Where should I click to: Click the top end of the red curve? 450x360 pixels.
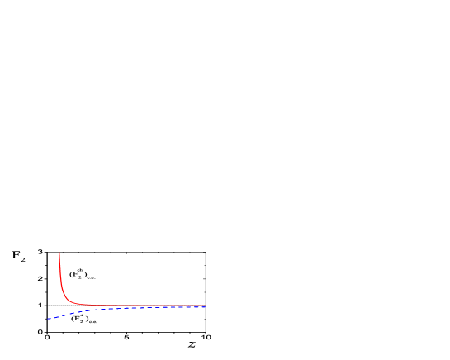click(59, 253)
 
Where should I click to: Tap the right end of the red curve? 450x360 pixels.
click(206, 306)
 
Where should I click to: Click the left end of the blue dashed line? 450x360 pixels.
click(47, 319)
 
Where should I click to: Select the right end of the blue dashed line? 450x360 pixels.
click(206, 307)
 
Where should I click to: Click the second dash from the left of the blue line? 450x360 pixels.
click(56, 317)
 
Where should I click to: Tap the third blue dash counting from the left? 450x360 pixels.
click(64, 315)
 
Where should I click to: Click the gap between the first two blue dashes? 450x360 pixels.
click(52, 318)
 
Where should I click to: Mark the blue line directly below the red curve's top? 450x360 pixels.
click(59, 316)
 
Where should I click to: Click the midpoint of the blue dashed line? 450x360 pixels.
click(126, 309)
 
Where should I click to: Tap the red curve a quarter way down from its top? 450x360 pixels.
click(59, 266)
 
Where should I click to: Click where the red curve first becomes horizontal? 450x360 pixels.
click(78, 305)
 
